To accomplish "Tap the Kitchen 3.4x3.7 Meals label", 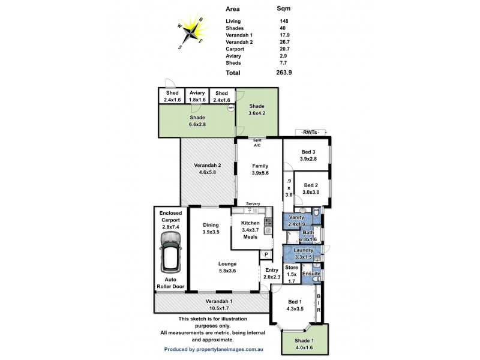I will coord(250,230).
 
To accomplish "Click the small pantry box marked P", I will coord(265,255).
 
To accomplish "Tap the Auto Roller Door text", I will coord(170,283).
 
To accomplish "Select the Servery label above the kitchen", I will coord(253,204).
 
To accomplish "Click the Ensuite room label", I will coord(311,274).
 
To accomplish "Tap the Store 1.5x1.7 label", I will coord(292,273).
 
